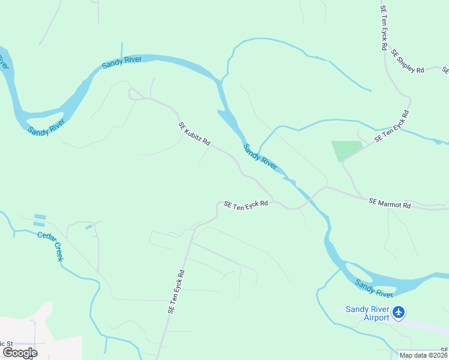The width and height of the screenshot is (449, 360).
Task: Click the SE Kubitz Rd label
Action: (x=194, y=134)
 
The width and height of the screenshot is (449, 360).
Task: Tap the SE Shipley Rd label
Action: (x=408, y=61)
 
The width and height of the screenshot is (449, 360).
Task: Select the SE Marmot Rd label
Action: (x=390, y=204)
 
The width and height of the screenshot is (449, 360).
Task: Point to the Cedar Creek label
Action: (x=50, y=245)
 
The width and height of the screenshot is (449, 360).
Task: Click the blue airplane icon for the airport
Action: (x=399, y=313)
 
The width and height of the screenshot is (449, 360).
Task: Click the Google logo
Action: (x=20, y=352)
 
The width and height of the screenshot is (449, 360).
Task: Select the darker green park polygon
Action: (x=347, y=151)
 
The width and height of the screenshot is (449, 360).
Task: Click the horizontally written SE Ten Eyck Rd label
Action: (x=246, y=205)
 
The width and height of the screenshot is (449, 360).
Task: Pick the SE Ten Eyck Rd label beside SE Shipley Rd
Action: (x=384, y=28)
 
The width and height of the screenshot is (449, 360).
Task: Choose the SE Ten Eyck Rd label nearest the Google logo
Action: (x=176, y=292)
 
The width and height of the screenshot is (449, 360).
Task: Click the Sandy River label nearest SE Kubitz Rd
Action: (x=260, y=156)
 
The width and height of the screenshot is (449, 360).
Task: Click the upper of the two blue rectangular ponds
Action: (x=40, y=216)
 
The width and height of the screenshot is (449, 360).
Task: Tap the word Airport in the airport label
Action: (x=377, y=317)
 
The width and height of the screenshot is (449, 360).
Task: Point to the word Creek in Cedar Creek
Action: (x=58, y=252)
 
